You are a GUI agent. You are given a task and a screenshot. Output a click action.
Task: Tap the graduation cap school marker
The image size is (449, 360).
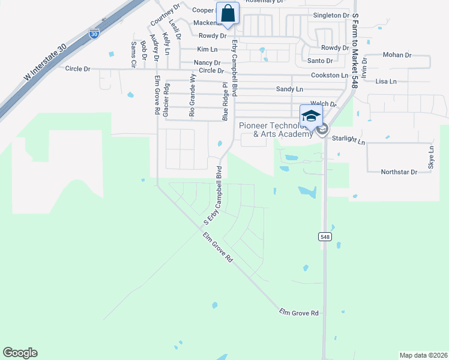pyautogui.click(x=310, y=115)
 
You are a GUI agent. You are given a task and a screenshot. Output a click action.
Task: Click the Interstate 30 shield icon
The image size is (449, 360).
pyautogui.click(x=94, y=34)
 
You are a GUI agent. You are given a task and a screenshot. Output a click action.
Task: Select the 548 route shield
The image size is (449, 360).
pyautogui.click(x=324, y=237)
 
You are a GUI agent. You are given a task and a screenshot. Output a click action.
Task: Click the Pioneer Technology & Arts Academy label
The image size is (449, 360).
pyautogui.click(x=276, y=130)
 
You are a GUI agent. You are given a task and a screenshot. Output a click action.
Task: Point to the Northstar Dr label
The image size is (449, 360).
pyautogui.click(x=399, y=172)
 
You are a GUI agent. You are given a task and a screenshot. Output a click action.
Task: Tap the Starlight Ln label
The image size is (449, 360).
pyautogui.click(x=348, y=140)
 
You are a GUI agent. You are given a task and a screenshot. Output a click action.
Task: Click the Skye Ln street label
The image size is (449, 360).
pyautogui.click(x=431, y=157)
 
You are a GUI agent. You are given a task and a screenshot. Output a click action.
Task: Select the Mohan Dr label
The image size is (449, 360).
pyautogui.click(x=397, y=55)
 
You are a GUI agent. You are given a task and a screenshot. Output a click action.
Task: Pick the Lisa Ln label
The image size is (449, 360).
pyautogui.click(x=385, y=81)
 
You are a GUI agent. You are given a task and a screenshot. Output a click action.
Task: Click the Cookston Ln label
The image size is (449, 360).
pyautogui.click(x=329, y=76)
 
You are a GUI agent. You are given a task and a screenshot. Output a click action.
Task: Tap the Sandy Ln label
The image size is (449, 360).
pyautogui.click(x=289, y=89)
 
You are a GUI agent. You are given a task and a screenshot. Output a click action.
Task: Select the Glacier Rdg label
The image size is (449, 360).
pyautogui.click(x=166, y=100)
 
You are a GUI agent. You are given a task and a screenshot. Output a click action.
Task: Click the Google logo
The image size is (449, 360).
pyautogui.click(x=20, y=353)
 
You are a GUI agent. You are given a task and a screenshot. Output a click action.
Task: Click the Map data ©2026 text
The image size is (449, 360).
pyautogui.click(x=423, y=355)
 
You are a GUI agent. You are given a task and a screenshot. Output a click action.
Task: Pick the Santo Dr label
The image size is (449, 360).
pyautogui.click(x=320, y=61)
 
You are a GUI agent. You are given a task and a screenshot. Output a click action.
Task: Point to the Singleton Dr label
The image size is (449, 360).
pyautogui.click(x=331, y=15)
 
